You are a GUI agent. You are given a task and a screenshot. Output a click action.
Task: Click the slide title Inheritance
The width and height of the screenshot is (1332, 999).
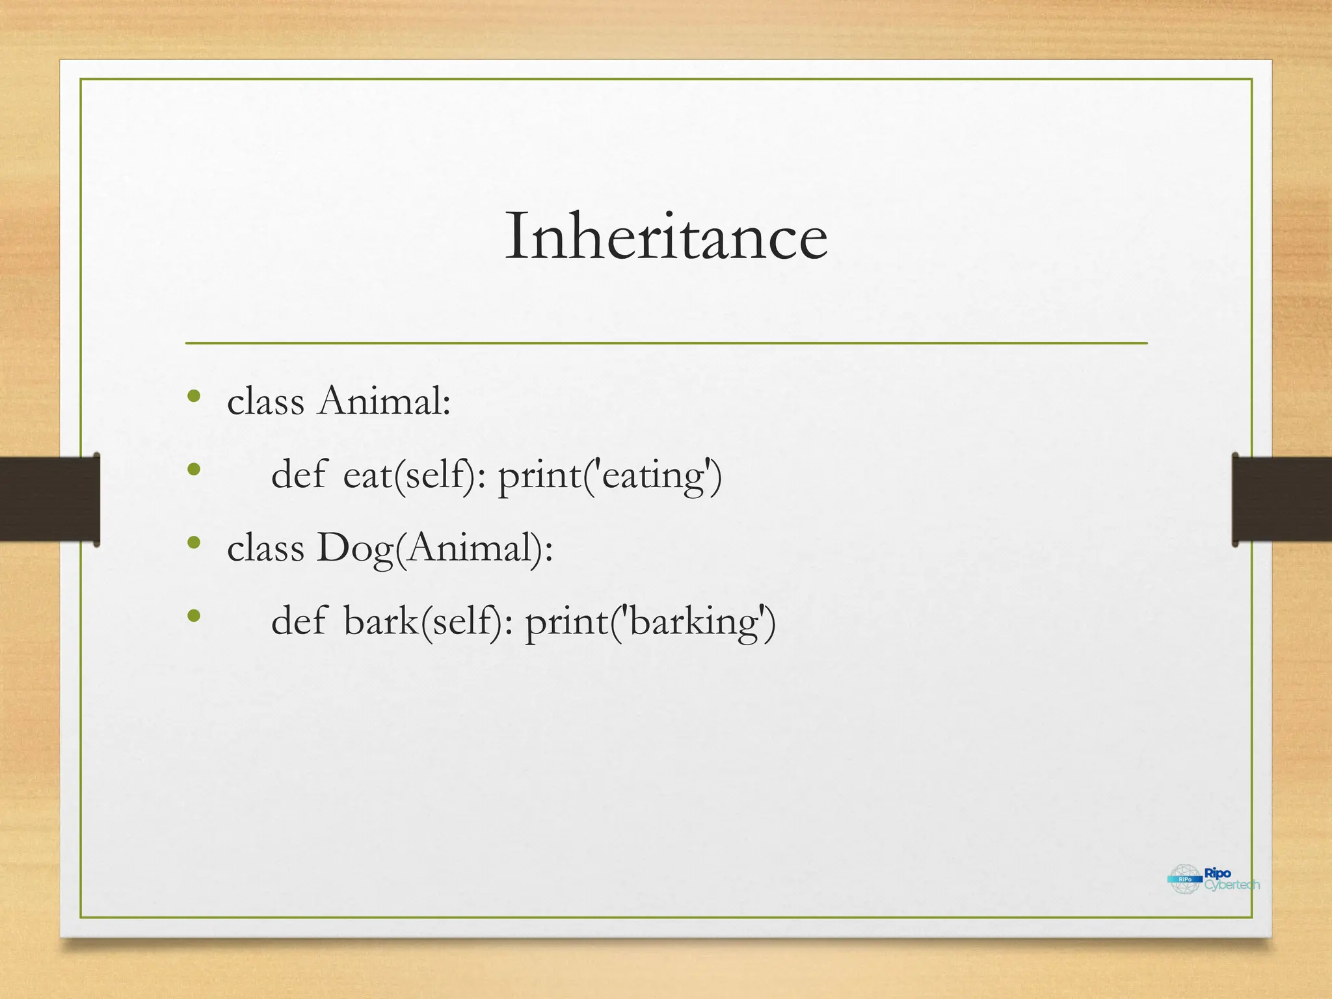pyautogui.click(x=666, y=237)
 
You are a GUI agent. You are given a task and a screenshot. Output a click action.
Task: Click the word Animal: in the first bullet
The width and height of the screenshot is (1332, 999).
pyautogui.click(x=384, y=401)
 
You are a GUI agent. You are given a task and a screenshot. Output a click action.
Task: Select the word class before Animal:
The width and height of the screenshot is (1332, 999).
pyautogui.click(x=265, y=401)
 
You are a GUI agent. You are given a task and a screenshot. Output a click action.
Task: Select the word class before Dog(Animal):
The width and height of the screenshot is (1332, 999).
pyautogui.click(x=265, y=548)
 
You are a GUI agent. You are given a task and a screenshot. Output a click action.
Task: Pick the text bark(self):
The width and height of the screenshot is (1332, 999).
pyautogui.click(x=429, y=622)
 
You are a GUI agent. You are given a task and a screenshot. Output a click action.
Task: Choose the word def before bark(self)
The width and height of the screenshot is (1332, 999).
pyautogui.click(x=299, y=620)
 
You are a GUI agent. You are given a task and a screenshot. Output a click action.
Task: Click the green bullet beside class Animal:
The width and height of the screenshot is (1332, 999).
pyautogui.click(x=193, y=396)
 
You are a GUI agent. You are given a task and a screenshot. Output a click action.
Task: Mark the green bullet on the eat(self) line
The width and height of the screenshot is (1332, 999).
pyautogui.click(x=193, y=470)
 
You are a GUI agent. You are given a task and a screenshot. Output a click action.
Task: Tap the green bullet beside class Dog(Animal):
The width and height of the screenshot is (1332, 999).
pyautogui.click(x=193, y=542)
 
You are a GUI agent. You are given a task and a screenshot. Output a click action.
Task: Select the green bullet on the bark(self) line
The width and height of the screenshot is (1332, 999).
pyautogui.click(x=193, y=616)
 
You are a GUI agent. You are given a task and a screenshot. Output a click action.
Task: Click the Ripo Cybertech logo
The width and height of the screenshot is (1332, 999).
pyautogui.click(x=1214, y=879)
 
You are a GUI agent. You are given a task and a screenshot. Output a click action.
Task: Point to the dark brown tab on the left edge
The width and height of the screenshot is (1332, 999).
pyautogui.click(x=49, y=499)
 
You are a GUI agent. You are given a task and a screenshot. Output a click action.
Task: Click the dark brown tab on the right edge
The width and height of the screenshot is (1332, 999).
pyautogui.click(x=1281, y=499)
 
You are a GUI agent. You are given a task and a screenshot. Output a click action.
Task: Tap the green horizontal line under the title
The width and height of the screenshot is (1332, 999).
pyautogui.click(x=666, y=343)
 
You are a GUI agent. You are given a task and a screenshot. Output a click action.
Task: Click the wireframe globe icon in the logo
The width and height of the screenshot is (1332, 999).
pyautogui.click(x=1185, y=879)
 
